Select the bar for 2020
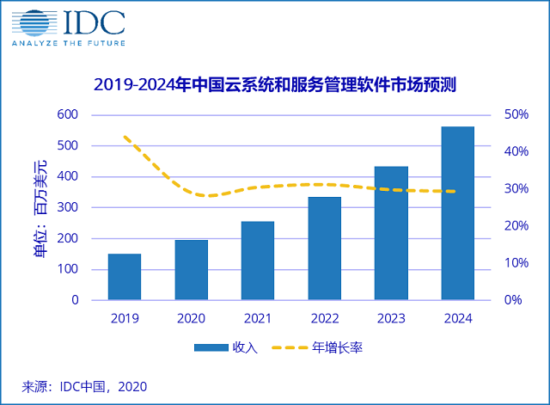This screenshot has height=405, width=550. click(191, 270)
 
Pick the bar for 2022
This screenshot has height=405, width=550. click(324, 249)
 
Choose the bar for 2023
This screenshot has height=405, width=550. click(391, 233)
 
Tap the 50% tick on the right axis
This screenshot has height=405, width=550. click(514, 114)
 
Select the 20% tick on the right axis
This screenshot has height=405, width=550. click(514, 225)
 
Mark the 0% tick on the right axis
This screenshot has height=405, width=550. click(514, 300)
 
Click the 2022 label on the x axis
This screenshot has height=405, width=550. click(324, 317)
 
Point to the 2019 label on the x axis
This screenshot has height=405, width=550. click(125, 317)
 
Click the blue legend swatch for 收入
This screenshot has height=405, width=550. click(210, 347)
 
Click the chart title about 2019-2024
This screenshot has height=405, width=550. click(273, 84)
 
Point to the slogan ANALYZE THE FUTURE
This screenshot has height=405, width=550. click(69, 42)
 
